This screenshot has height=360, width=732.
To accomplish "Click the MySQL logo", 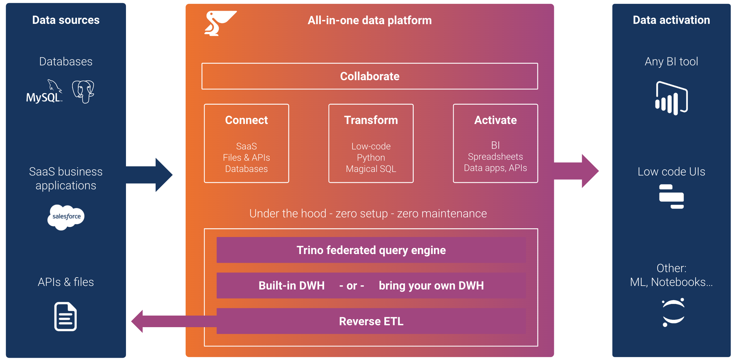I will point(44,92).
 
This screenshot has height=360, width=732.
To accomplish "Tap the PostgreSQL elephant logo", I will point(83,92).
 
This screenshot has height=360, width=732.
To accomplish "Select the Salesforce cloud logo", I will point(66,217).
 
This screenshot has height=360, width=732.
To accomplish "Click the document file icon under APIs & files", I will point(65,317).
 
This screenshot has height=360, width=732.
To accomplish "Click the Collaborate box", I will point(370,76).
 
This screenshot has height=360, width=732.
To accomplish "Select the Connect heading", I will point(246,120).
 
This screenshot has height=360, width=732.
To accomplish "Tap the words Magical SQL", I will point(371,169).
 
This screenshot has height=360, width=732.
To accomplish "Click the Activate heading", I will point(495,120).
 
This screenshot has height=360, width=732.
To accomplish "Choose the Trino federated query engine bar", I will point(371,250).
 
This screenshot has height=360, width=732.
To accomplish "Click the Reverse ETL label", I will point(371,321).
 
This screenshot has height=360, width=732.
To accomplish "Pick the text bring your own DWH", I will point(431,286).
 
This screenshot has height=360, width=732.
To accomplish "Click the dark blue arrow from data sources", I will point(151,175).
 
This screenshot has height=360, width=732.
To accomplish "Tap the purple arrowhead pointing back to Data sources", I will point(138,321).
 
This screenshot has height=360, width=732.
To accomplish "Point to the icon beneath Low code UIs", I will point(671,196).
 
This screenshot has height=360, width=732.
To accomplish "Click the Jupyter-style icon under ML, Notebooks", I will point(673,312).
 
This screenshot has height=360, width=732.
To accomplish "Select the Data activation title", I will point(671,20).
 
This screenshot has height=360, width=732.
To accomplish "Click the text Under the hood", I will point(288,213).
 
